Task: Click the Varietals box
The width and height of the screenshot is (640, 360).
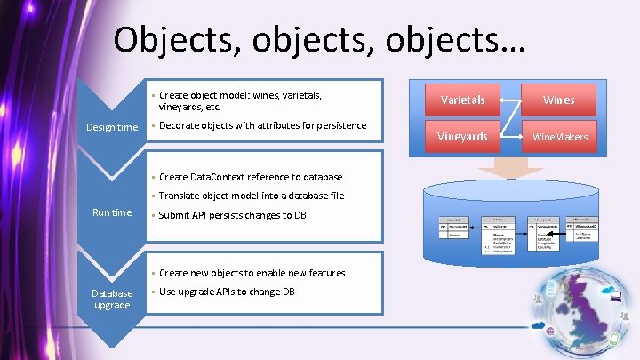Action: tap(462, 100)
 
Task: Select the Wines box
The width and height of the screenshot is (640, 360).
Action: tap(560, 100)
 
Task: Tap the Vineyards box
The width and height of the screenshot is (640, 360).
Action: tap(462, 136)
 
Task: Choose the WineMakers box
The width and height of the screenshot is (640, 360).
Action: tap(560, 136)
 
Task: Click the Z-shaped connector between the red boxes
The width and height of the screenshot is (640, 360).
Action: tap(511, 118)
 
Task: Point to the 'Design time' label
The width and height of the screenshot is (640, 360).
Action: tap(112, 127)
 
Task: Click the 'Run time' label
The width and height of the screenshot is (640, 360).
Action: tap(112, 212)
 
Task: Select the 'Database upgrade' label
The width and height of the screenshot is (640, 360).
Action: tap(112, 299)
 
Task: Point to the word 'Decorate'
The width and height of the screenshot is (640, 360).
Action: tap(183, 125)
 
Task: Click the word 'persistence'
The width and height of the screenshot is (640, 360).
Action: tap(336, 125)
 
